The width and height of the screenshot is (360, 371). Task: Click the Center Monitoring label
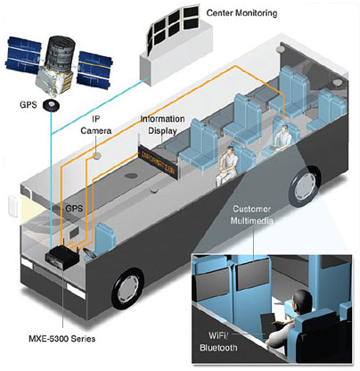point(241,13)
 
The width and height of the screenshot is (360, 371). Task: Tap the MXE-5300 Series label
point(62,338)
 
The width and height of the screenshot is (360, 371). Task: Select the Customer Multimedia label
point(251,215)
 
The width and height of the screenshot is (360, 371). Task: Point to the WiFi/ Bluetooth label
point(218,342)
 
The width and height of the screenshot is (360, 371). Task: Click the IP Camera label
point(96,125)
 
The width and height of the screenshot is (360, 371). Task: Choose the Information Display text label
point(162,125)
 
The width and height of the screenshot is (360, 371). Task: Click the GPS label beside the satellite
point(29,105)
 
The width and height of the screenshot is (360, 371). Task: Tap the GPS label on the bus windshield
point(74,208)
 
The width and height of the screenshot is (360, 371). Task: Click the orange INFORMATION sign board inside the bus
point(159,161)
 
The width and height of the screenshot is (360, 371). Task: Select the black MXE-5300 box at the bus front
point(62,257)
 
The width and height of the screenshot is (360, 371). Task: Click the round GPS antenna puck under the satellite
point(52,105)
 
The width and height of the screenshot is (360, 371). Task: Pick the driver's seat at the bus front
point(103,239)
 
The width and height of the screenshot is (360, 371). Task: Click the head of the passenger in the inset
point(302,301)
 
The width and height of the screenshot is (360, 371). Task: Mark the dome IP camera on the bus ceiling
point(96,156)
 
